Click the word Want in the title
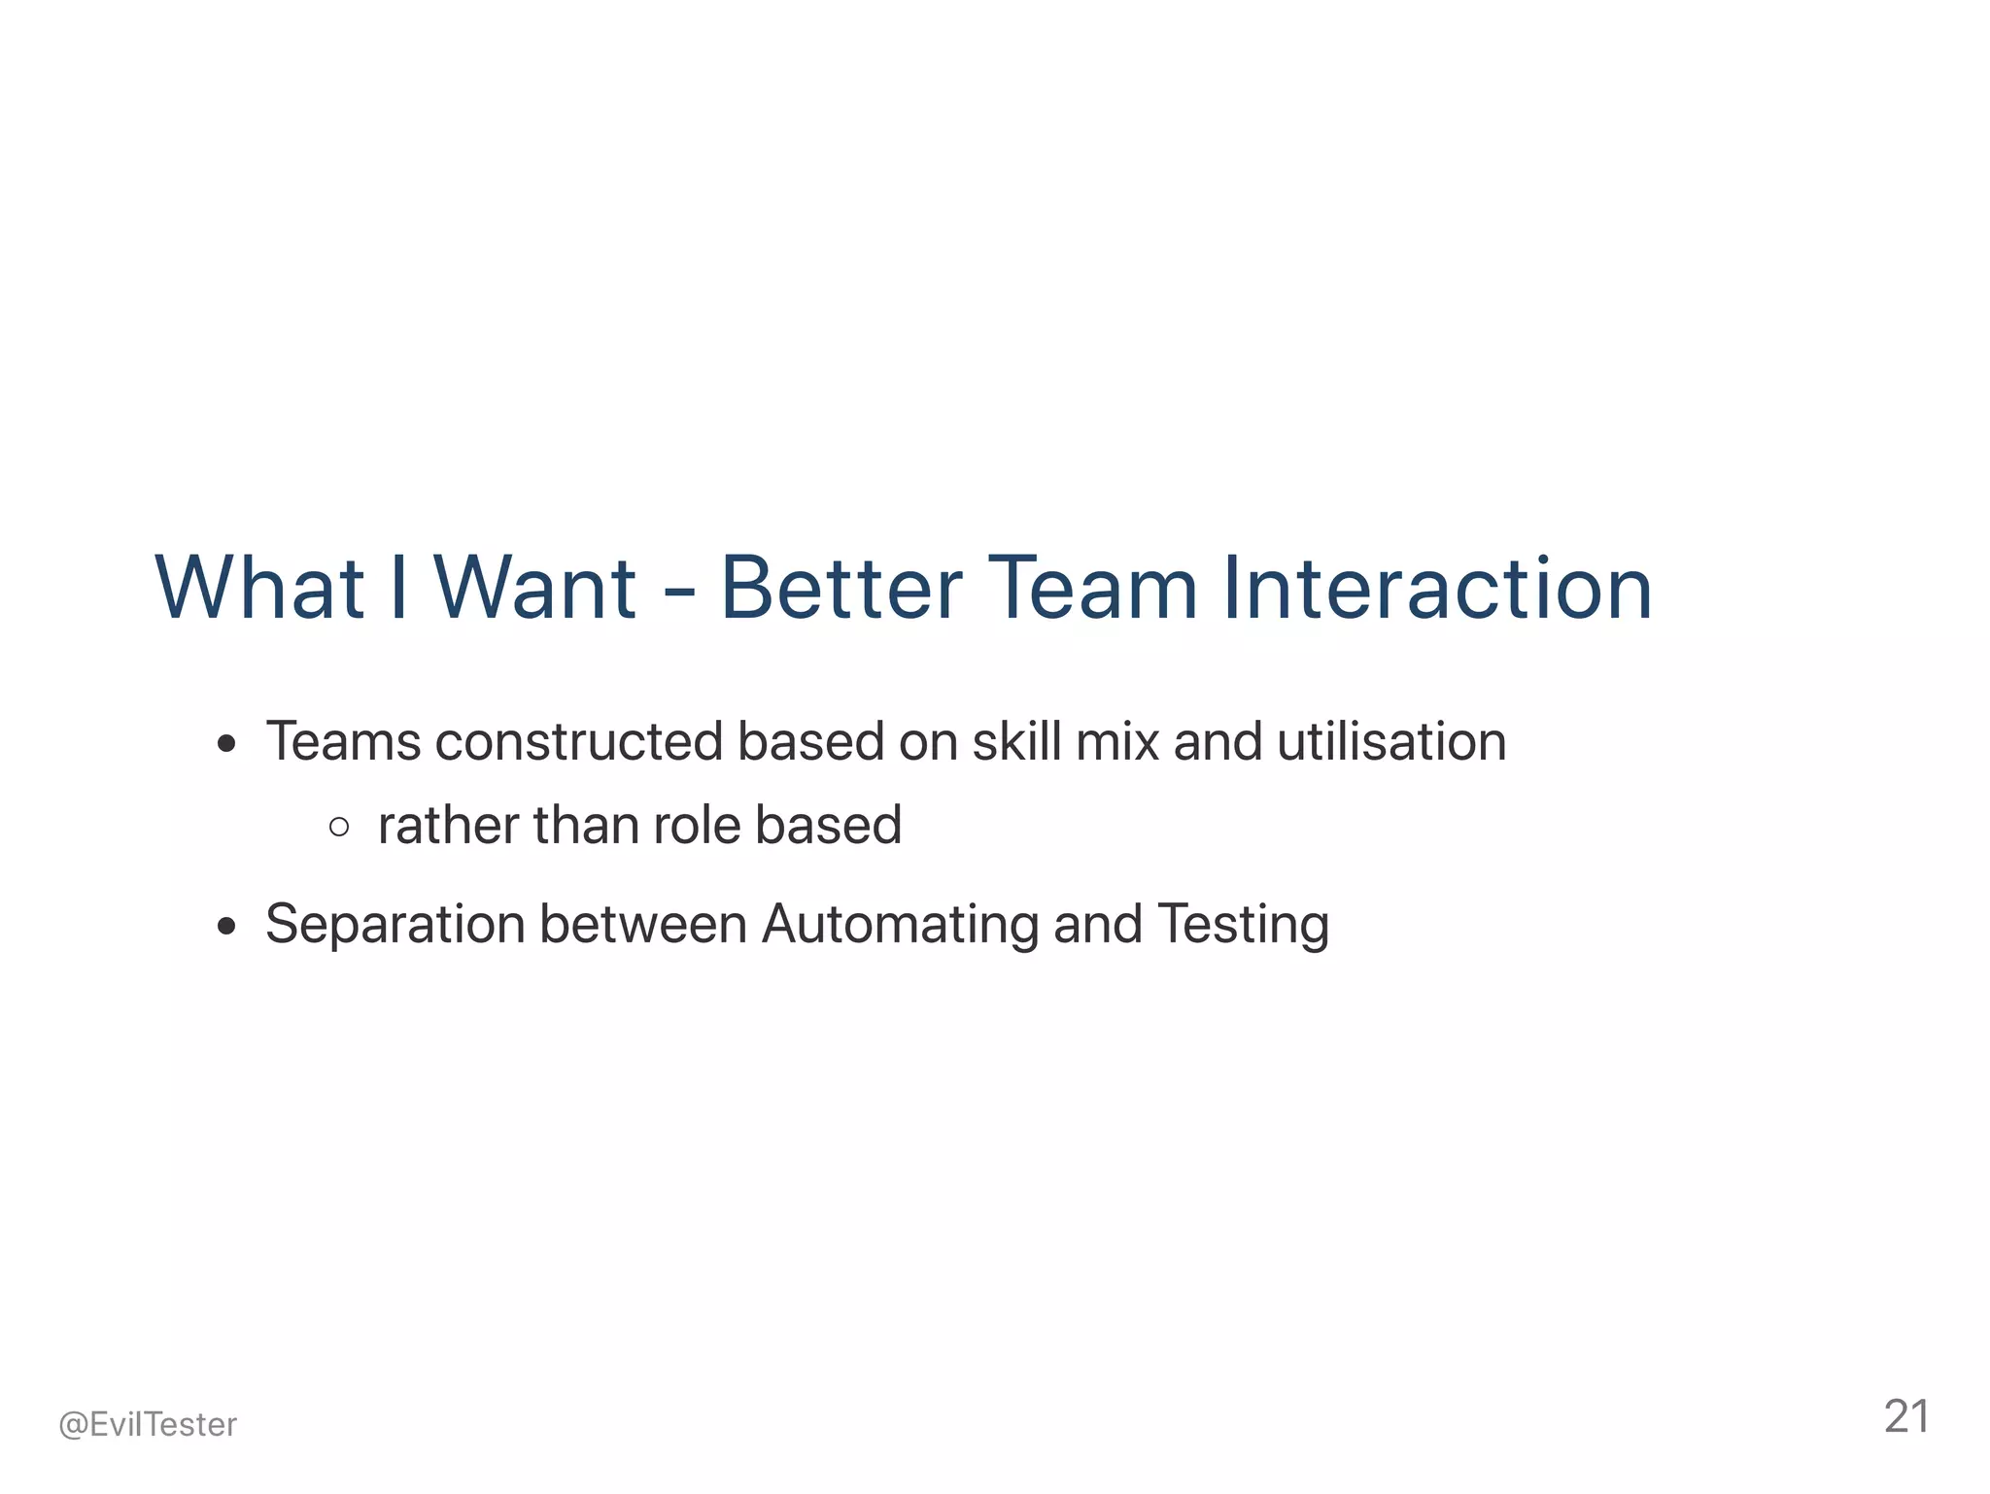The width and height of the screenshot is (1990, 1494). [x=534, y=588]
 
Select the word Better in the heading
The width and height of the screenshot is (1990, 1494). [x=841, y=588]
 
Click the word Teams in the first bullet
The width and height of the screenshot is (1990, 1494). [x=343, y=742]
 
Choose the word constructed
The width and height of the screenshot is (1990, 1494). [x=579, y=742]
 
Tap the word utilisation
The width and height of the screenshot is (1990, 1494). [x=1391, y=742]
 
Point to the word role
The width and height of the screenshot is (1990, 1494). [x=697, y=827]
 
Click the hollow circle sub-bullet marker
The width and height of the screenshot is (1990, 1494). [x=339, y=828]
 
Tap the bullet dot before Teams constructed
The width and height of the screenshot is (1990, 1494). [x=227, y=745]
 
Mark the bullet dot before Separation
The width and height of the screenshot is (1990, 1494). [x=227, y=927]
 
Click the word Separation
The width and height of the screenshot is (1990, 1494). [x=395, y=925]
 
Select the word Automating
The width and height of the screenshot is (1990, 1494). [x=900, y=925]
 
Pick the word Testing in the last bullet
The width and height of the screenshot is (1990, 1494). [x=1244, y=925]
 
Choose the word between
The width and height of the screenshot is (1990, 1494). [x=643, y=925]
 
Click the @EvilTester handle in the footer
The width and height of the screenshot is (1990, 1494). [x=148, y=1425]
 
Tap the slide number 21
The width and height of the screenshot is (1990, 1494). [x=1906, y=1417]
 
